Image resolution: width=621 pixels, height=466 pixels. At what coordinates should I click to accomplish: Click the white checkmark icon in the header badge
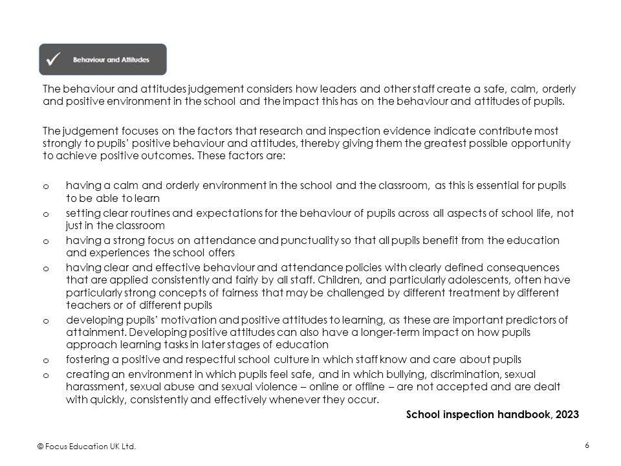pyautogui.click(x=54, y=60)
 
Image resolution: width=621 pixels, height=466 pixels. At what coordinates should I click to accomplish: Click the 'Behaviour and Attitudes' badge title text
pyautogui.click(x=111, y=60)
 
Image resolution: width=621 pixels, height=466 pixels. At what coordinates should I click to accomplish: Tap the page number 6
pyautogui.click(x=586, y=445)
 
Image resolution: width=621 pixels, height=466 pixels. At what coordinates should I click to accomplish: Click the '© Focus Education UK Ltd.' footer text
pyautogui.click(x=87, y=446)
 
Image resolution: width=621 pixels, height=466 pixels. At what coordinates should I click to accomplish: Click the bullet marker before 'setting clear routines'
pyautogui.click(x=45, y=214)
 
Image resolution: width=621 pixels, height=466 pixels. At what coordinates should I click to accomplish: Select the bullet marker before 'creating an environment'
pyautogui.click(x=45, y=375)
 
